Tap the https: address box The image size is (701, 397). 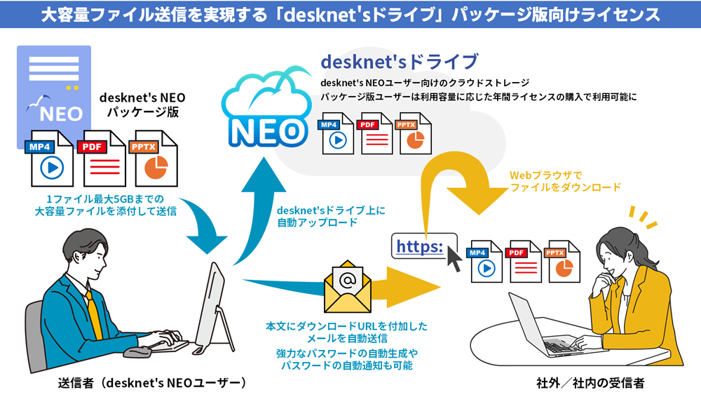420,246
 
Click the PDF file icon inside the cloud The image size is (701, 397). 376,133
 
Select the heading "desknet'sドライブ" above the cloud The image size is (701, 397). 400,62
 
